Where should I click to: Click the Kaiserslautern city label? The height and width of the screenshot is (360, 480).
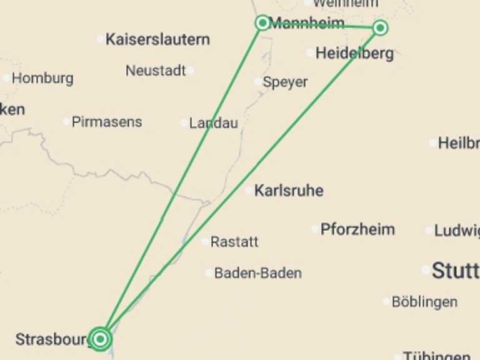tap(157, 39)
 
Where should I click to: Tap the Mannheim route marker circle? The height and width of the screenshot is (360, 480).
tap(262, 23)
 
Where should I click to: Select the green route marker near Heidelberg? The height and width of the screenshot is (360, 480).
tap(380, 27)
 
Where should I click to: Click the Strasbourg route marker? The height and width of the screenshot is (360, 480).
tap(100, 339)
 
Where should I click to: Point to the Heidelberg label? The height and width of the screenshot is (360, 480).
tap(354, 54)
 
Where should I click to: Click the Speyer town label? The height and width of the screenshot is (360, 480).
tap(285, 82)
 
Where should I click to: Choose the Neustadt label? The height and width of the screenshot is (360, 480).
tap(156, 71)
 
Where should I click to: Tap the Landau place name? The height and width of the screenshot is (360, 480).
tap(213, 123)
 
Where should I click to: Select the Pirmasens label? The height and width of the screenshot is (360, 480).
tap(107, 122)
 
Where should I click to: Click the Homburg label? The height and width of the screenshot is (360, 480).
tap(42, 79)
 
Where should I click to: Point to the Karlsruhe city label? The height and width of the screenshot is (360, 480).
tap(289, 191)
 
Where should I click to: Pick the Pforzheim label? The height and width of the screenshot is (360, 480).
tap(357, 229)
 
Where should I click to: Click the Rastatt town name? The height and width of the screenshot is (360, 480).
tap(234, 242)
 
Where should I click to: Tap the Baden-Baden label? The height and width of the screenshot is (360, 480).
tap(257, 273)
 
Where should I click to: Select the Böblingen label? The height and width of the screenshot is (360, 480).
tap(424, 302)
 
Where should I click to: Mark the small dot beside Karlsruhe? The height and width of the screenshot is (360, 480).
tap(249, 190)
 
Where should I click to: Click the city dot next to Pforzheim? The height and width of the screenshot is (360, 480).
tap(315, 229)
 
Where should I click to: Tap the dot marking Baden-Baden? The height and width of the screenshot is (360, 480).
tap(209, 272)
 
